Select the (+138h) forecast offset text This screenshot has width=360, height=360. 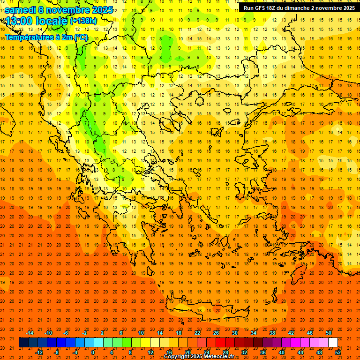(83, 21)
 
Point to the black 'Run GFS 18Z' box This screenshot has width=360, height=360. (299, 8)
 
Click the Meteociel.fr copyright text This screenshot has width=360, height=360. (199, 357)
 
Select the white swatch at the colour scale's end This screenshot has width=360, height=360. (333, 343)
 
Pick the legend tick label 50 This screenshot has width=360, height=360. (329, 333)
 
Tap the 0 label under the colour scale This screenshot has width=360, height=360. (93, 352)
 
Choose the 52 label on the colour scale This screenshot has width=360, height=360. (338, 352)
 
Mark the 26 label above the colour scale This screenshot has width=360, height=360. (216, 333)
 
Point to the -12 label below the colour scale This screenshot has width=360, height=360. (39, 352)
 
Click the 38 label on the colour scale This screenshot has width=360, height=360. (272, 333)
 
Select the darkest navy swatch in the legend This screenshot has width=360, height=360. (23, 343)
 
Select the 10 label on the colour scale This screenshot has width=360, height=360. (141, 333)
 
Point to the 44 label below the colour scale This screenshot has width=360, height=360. (300, 352)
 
